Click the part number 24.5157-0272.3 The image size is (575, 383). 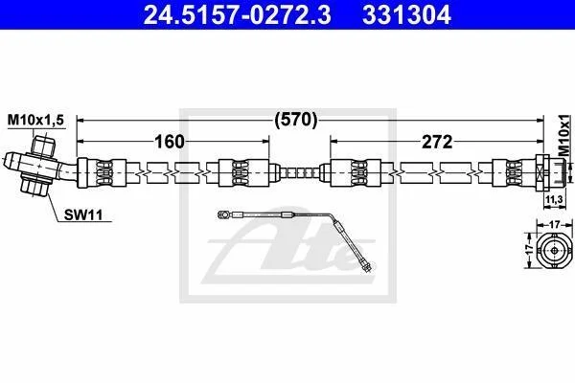[x=238, y=15]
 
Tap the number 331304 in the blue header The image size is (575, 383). [x=406, y=15]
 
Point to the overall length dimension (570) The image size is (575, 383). [x=295, y=120]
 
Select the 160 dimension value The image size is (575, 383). [x=170, y=142]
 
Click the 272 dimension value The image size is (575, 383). [x=437, y=142]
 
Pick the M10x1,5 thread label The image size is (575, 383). [x=36, y=120]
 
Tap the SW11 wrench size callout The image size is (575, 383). [x=83, y=214]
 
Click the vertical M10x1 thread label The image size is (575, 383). [x=565, y=135]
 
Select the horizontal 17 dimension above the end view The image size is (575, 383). [x=555, y=224]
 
